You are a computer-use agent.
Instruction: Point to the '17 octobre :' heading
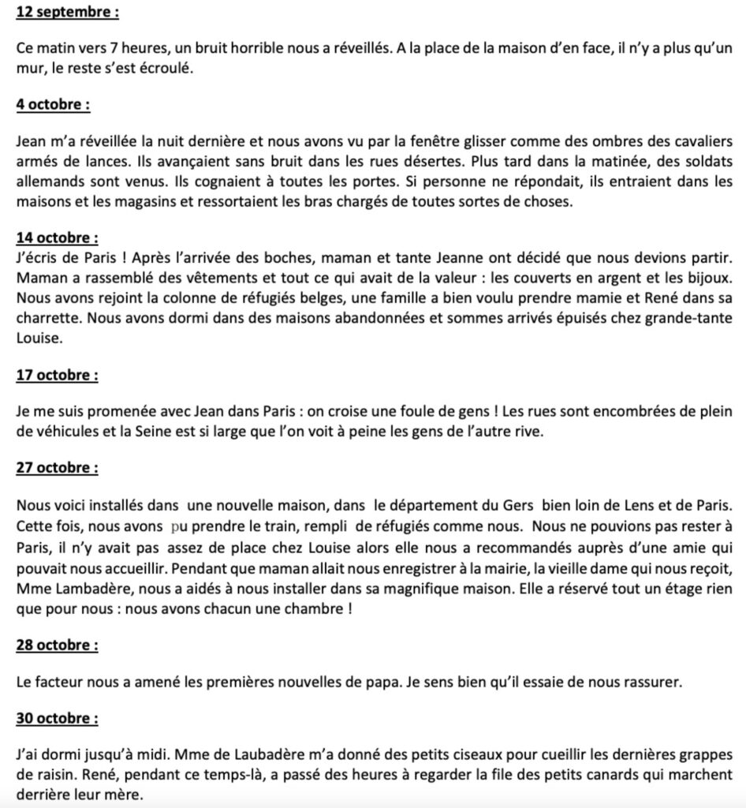(56, 376)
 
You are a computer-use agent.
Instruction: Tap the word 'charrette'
(46, 312)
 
